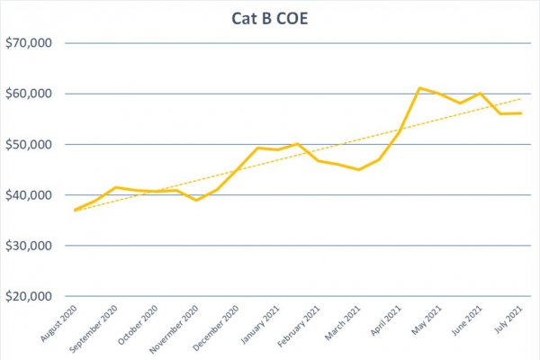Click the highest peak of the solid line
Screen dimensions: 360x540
pyautogui.click(x=419, y=88)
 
